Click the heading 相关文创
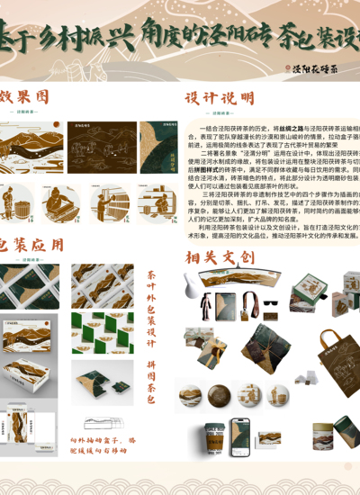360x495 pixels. [x=220, y=257]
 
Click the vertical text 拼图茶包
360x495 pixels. [x=151, y=382]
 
